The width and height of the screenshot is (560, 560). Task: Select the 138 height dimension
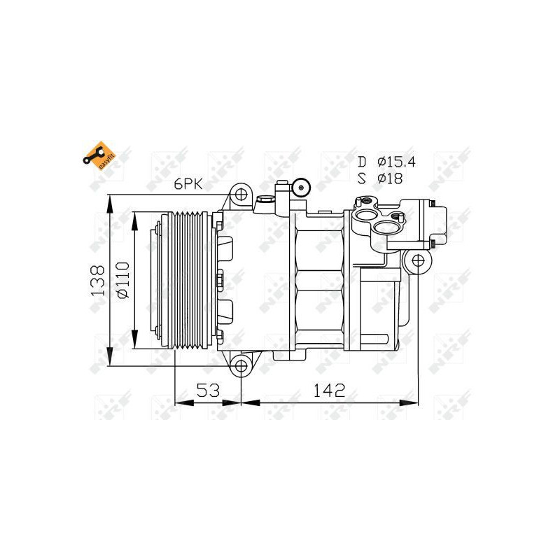(97, 279)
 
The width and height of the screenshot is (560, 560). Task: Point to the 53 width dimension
(207, 390)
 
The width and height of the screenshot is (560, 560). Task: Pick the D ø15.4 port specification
(386, 162)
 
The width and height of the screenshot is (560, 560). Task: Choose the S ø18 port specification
(380, 178)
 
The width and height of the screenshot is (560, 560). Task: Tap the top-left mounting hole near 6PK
(241, 194)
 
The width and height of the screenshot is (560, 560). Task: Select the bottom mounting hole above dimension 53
(241, 365)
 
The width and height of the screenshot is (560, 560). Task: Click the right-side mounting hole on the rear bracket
(418, 262)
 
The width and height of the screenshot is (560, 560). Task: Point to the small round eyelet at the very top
(302, 186)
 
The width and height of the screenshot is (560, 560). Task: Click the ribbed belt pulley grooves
(189, 279)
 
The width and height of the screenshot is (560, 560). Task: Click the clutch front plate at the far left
(146, 279)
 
